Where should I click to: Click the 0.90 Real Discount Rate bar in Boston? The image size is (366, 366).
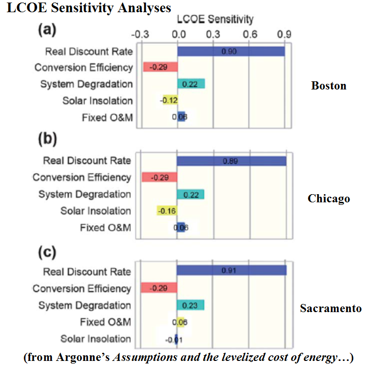pos(231,51)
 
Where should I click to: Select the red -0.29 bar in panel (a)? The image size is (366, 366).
pos(160,67)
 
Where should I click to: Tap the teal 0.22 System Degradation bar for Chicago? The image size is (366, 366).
pos(190,194)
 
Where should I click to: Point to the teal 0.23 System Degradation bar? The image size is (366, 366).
pos(190,304)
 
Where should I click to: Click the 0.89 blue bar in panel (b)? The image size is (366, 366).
pos(231,161)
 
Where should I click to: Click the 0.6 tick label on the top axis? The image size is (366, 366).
pos(249,35)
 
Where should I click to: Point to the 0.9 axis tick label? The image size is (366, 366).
pos(285,35)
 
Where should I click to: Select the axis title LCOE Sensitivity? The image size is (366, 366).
pos(215,20)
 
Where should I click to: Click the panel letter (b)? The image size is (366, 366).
pos(48,139)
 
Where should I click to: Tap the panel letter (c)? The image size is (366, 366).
pos(48,253)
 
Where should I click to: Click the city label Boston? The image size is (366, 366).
pos(328,85)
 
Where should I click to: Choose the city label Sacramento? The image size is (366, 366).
pos(330,309)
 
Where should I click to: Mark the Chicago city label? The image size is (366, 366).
pos(329,198)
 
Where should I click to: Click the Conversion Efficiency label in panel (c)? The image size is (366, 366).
pos(82,288)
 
